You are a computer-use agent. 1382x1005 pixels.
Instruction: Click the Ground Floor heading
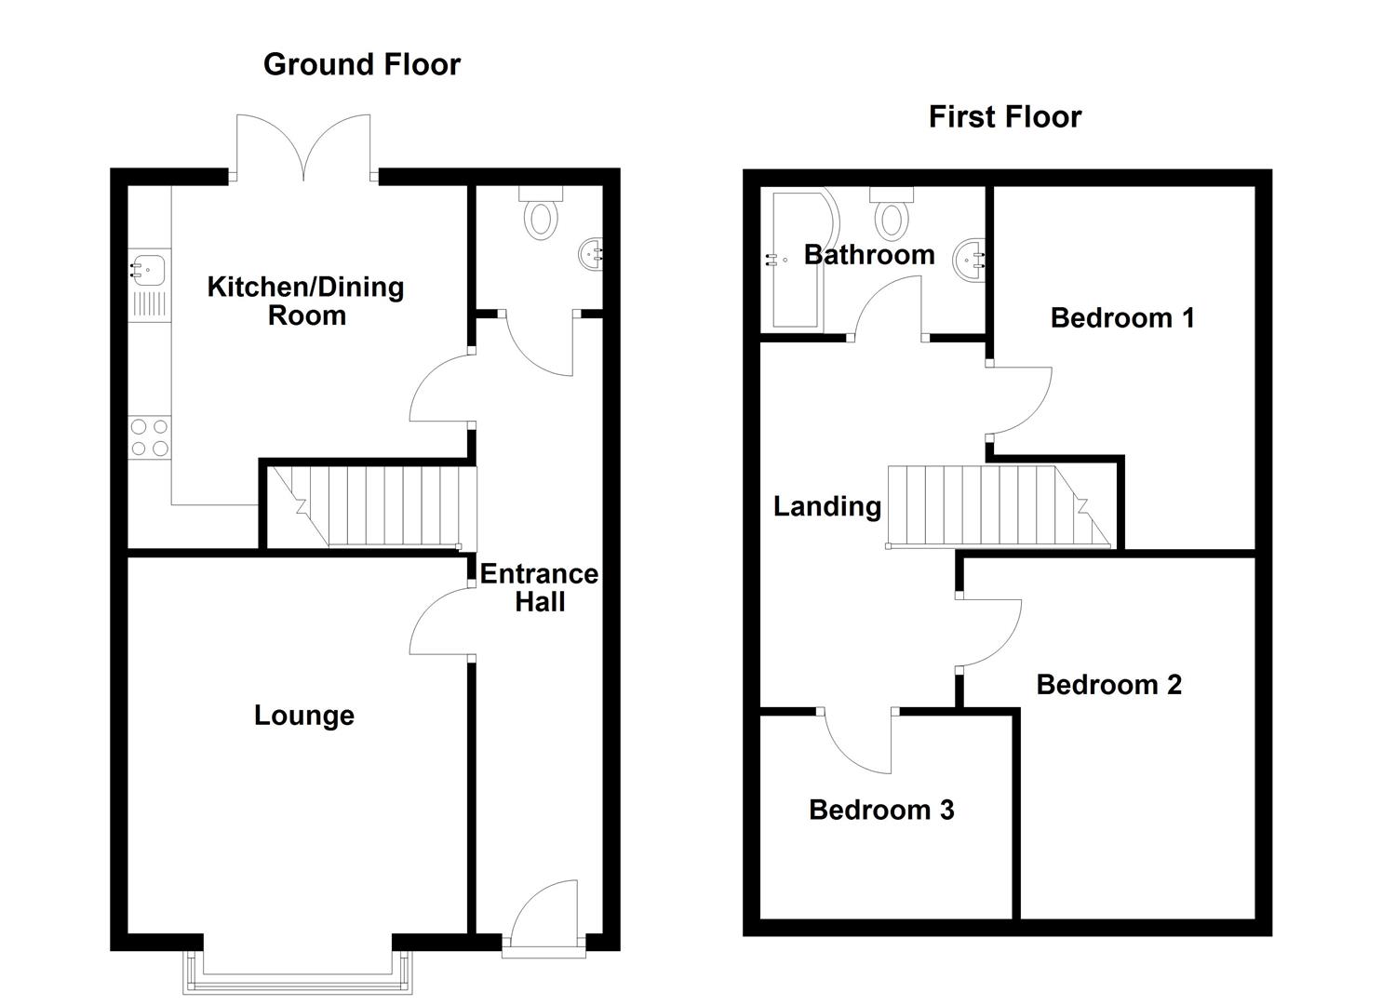coord(362,65)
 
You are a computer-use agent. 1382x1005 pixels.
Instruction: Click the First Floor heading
coord(1005,117)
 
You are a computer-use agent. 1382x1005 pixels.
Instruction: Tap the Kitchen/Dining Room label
coord(306,301)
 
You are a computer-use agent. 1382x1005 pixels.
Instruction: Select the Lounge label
coord(304,717)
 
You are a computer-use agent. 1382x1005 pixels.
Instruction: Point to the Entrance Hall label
coord(539,588)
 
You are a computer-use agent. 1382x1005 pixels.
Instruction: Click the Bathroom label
coord(869,255)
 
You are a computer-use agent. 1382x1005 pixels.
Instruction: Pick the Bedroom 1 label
coord(1122,318)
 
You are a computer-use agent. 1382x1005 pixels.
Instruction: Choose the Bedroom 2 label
coord(1108,685)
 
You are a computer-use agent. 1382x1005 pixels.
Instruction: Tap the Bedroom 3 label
coord(881,810)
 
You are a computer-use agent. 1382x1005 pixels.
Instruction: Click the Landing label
coord(827,506)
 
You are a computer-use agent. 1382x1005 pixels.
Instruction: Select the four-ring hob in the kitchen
coord(150,437)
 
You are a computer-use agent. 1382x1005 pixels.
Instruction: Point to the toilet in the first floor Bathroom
coord(892,213)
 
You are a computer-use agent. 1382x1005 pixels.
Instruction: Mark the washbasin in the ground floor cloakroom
coord(591,253)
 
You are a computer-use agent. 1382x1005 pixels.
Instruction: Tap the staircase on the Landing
coord(999,507)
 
